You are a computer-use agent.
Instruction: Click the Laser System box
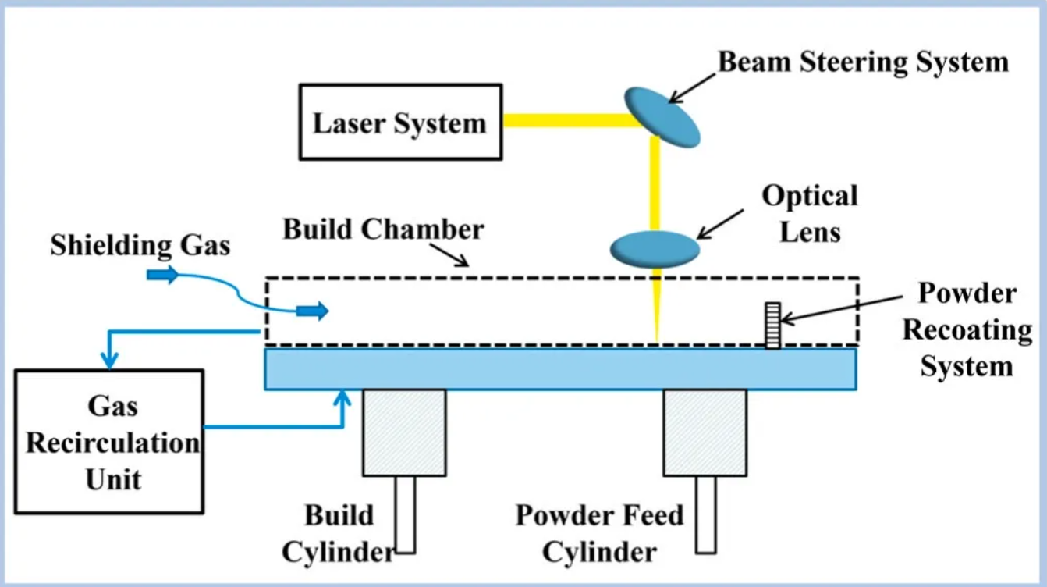pos(400,122)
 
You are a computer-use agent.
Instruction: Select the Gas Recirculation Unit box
pos(109,441)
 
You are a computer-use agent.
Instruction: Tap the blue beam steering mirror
pos(662,117)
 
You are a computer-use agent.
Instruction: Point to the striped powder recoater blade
pos(772,326)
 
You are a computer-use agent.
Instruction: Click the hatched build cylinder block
pos(404,432)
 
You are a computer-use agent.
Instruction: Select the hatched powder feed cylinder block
pos(705,432)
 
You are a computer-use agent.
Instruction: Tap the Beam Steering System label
pos(863,62)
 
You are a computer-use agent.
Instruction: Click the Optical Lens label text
pos(810,212)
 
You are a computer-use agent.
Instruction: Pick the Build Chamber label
pos(383,229)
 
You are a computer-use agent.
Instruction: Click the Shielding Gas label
pos(140,245)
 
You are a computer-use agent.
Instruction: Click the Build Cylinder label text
pos(338,534)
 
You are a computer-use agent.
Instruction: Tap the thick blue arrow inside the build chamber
pos(313,311)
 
